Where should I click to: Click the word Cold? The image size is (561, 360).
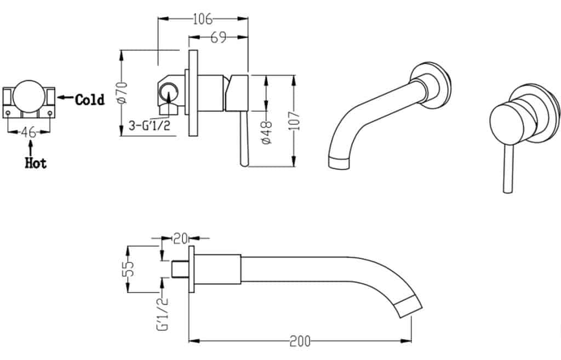point(90,100)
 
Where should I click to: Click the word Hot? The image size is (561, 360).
point(36,163)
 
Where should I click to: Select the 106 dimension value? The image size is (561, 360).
point(202,20)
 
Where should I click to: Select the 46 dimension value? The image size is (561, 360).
point(29,132)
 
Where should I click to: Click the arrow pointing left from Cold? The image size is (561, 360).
point(65,98)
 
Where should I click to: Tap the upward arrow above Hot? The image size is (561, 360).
point(31,146)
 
